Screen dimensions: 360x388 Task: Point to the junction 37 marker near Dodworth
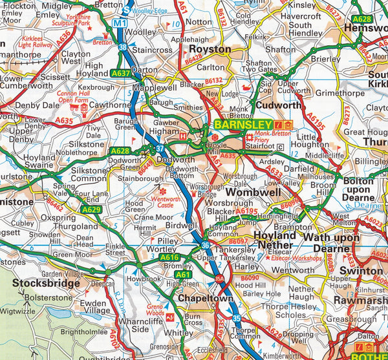159,148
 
